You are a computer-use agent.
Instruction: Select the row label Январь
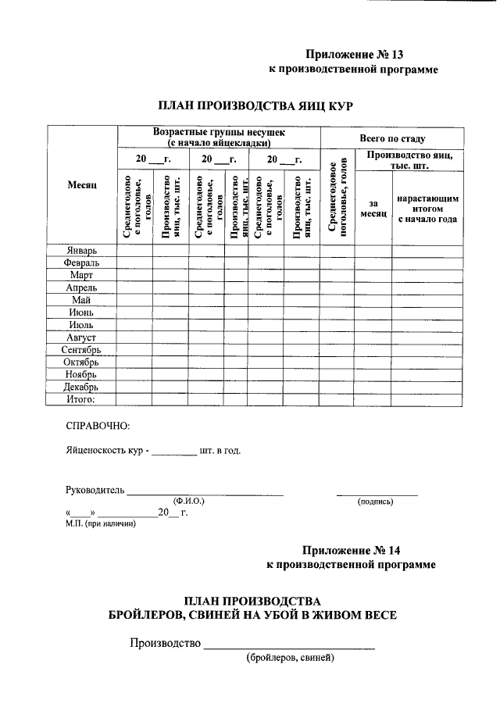tap(82, 251)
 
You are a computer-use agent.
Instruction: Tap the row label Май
tap(81, 300)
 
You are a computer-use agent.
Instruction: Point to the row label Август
tap(81, 337)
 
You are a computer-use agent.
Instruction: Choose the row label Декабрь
tap(81, 387)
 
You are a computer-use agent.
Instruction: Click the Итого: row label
tap(81, 399)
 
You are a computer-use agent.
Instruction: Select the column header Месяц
tap(81, 185)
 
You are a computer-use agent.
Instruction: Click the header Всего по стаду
tap(392, 137)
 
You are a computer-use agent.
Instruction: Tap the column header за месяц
tap(373, 209)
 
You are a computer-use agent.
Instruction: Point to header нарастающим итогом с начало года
tap(427, 209)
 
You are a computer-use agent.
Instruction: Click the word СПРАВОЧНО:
tap(98, 426)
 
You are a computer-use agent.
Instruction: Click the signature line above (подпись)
tap(377, 493)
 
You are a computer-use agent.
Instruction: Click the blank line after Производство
tap(288, 645)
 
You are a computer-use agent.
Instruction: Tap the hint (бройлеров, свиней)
tap(289, 658)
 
